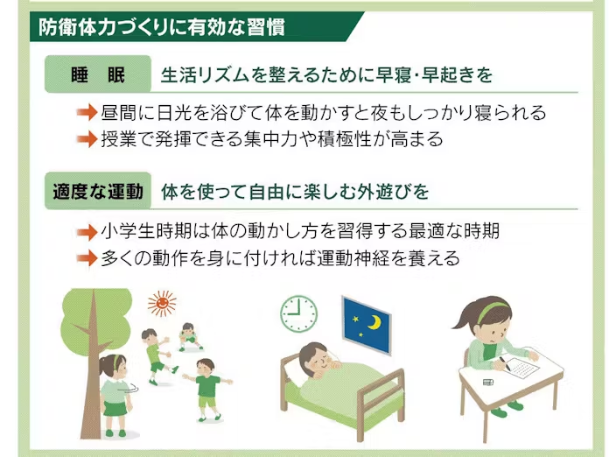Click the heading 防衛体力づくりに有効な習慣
162,27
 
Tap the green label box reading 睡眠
98,74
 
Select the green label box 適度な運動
98,191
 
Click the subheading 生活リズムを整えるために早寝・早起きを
326,75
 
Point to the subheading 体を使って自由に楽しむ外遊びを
295,192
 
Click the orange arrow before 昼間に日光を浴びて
87,113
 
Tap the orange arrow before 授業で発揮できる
87,139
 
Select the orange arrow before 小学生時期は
87,232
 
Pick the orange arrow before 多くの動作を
87,258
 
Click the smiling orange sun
162,303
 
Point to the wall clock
298,313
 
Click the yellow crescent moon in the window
374,322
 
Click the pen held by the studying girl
505,363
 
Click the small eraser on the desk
488,383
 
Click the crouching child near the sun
189,337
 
